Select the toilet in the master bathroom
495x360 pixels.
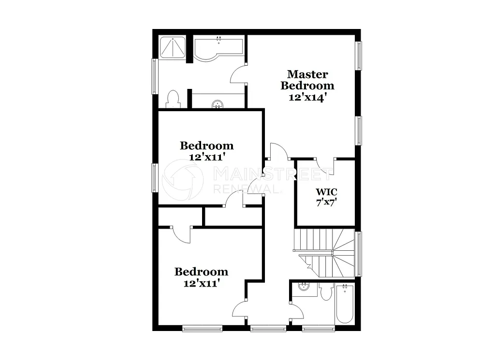pyautogui.click(x=173, y=99)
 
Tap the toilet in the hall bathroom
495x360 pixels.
pyautogui.click(x=325, y=292)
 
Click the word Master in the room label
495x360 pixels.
pyautogui.click(x=307, y=74)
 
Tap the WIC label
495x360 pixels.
pyautogui.click(x=326, y=192)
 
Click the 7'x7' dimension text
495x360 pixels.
pyautogui.click(x=326, y=203)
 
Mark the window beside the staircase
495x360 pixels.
pyautogui.click(x=359, y=254)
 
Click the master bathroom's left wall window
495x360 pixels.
pyautogui.click(x=155, y=76)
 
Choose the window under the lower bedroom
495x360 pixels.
pyautogui.click(x=202, y=329)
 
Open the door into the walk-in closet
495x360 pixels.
pyautogui.click(x=325, y=164)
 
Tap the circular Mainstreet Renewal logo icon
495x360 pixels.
pyautogui.click(x=183, y=180)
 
